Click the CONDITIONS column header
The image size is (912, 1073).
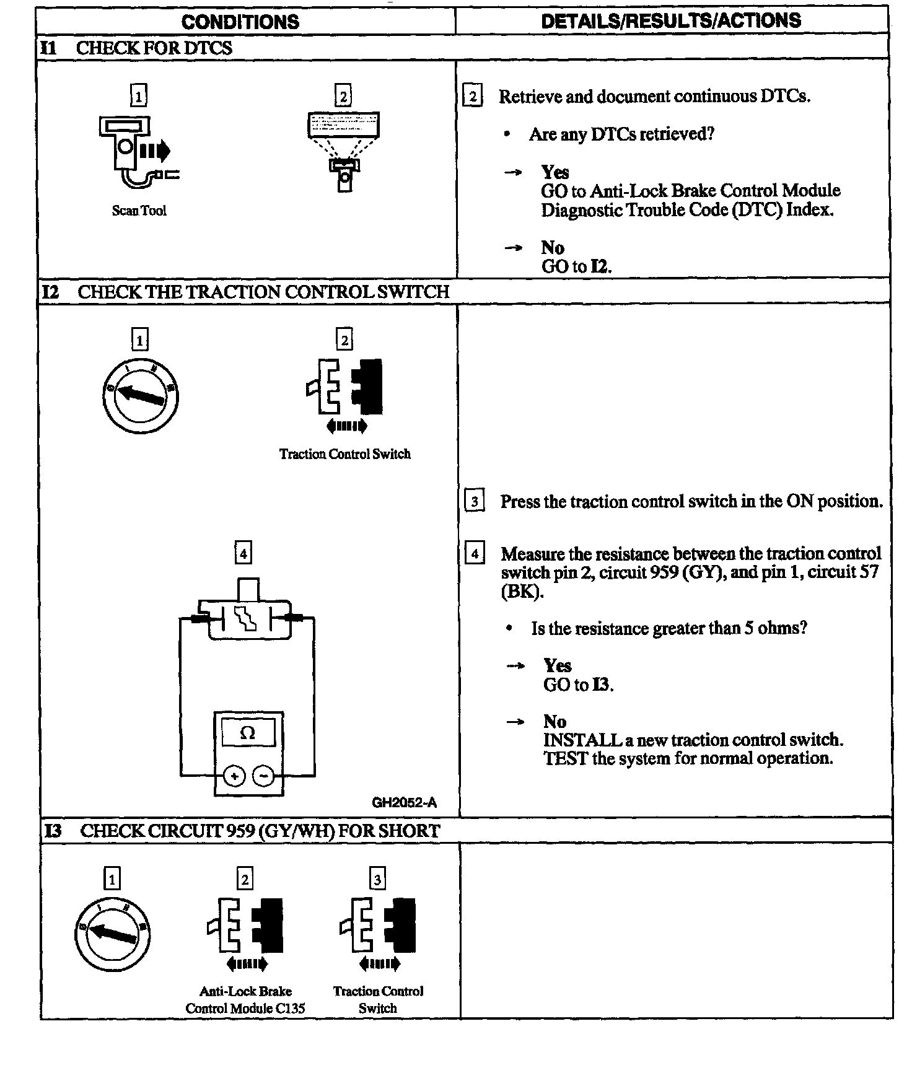click(240, 22)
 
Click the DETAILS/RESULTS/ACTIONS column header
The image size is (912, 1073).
click(671, 21)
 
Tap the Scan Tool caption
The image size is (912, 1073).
click(139, 211)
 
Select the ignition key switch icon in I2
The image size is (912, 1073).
click(141, 395)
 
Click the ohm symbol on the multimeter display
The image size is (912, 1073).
click(247, 734)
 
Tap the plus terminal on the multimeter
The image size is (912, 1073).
click(234, 776)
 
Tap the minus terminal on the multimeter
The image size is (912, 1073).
click(264, 776)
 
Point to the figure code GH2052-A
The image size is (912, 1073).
click(404, 803)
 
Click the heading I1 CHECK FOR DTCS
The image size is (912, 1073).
click(136, 48)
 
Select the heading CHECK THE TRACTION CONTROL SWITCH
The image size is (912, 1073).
click(263, 292)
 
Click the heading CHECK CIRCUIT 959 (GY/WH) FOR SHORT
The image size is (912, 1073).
click(260, 831)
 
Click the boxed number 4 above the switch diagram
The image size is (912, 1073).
click(243, 553)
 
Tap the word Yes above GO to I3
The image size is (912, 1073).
click(557, 665)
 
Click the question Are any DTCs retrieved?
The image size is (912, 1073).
click(621, 134)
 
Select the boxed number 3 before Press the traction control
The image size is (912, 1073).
click(474, 501)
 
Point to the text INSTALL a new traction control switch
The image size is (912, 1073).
click(693, 740)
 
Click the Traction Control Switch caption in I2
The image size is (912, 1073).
click(344, 454)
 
